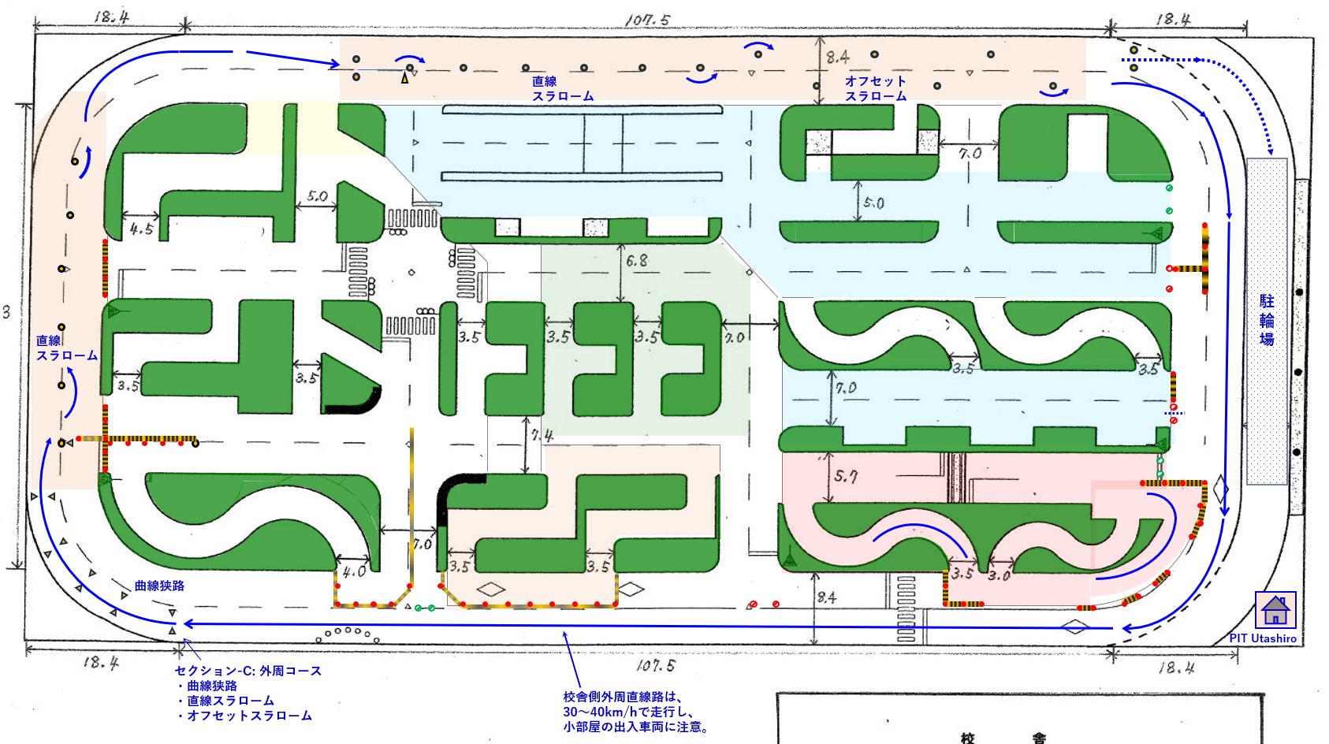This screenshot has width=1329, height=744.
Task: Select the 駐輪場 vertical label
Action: [1267, 320]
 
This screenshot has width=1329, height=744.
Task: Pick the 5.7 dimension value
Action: [845, 476]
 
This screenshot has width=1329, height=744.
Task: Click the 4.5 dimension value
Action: [142, 229]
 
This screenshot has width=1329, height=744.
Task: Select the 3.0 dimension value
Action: [999, 575]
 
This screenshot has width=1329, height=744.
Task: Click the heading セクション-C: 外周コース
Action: [248, 671]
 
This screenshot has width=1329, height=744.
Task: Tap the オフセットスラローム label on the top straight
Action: [875, 88]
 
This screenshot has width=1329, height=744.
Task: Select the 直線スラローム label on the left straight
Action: [67, 348]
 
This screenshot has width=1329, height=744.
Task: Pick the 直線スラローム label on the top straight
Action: [562, 88]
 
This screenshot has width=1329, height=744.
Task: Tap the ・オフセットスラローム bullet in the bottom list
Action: [244, 716]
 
